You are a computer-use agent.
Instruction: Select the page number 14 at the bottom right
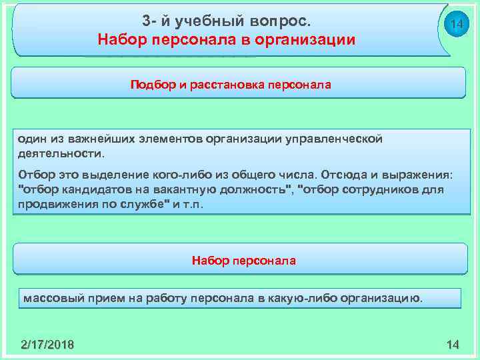click(453, 344)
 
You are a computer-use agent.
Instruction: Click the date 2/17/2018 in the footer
click(47, 344)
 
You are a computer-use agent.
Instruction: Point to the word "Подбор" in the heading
click(153, 85)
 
